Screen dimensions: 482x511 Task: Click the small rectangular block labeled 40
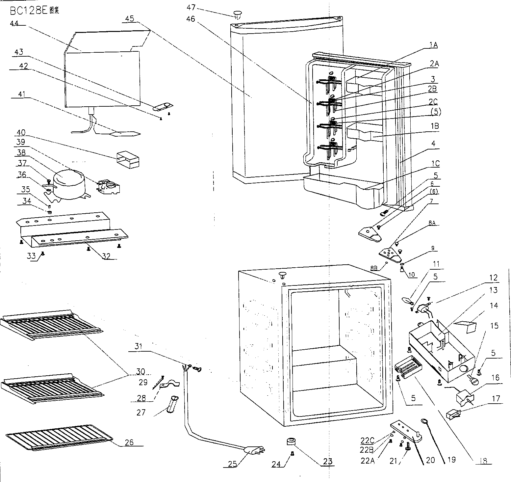tap(128, 159)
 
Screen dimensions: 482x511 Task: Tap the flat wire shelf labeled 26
tap(59, 437)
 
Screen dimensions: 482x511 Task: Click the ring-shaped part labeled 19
tap(424, 421)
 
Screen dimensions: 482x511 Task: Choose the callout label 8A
tap(432, 223)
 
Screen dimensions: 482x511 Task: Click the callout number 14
tap(494, 306)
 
